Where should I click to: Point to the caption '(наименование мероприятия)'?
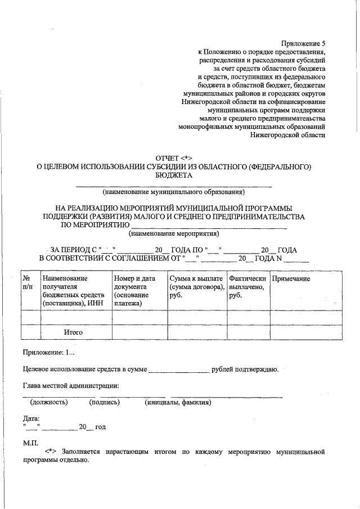(174, 233)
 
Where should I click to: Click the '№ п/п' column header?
(28, 283)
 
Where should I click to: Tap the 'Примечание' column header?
(291, 279)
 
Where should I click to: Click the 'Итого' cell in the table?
(73, 332)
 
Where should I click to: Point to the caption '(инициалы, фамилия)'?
(177, 402)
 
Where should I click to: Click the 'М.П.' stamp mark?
(30, 443)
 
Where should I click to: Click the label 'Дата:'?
(31, 418)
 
